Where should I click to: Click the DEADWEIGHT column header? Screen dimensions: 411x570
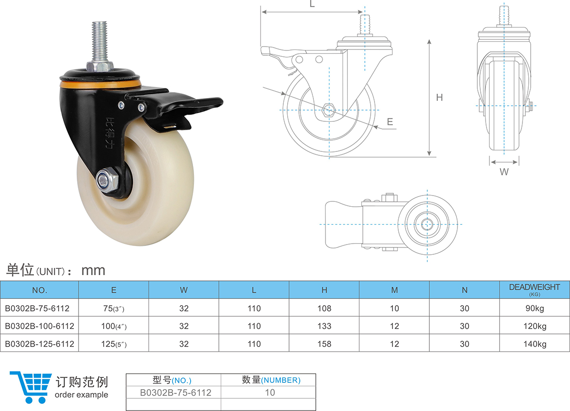point(534,289)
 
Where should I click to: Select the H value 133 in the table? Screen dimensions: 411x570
point(324,326)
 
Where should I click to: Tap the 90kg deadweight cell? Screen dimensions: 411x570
point(534,308)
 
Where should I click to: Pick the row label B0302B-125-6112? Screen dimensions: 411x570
point(39,344)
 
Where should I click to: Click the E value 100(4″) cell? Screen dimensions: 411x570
point(114,326)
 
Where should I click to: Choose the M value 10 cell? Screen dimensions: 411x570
point(394,308)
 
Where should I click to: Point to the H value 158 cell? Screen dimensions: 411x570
point(324,344)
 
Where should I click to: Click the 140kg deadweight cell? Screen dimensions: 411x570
point(534,344)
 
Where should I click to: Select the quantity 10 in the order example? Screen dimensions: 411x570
point(270,392)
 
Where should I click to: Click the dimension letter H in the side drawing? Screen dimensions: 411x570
point(440,98)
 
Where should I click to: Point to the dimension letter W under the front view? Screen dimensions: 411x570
point(504,172)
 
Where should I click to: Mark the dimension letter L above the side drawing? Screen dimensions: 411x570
point(312,4)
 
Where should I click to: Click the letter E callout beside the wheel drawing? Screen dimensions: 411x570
point(390,122)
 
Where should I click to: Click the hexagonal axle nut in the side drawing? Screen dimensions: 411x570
point(329,110)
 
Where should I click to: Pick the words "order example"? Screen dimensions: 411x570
point(81,395)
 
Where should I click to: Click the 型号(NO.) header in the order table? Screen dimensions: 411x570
point(172,380)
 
